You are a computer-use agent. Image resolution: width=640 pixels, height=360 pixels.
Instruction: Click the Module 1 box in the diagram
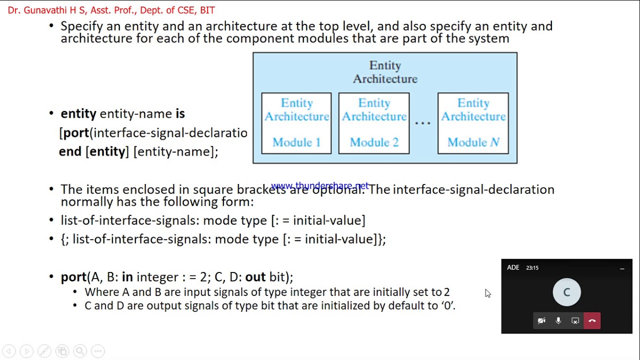pyautogui.click(x=296, y=123)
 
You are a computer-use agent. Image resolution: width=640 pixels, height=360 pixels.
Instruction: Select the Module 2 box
pyautogui.click(x=374, y=123)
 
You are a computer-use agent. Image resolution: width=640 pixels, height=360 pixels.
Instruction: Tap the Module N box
pyautogui.click(x=473, y=123)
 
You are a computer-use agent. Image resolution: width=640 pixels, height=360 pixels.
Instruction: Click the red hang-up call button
pyautogui.click(x=592, y=321)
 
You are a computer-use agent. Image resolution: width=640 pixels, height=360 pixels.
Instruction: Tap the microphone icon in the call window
pyautogui.click(x=558, y=321)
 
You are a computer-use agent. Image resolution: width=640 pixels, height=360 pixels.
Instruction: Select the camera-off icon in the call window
pyautogui.click(x=541, y=321)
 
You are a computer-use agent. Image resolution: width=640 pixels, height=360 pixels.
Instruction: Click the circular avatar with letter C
pyautogui.click(x=566, y=292)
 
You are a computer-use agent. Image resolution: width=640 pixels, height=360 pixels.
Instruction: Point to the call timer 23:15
pyautogui.click(x=532, y=268)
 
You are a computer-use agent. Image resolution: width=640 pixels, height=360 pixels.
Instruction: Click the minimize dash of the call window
pyautogui.click(x=622, y=268)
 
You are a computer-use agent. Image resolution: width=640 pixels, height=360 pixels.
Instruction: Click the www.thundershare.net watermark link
pyautogui.click(x=320, y=186)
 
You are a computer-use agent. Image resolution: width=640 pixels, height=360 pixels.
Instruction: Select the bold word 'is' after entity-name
pyautogui.click(x=180, y=113)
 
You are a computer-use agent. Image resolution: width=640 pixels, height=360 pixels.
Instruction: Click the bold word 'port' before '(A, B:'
pyautogui.click(x=73, y=277)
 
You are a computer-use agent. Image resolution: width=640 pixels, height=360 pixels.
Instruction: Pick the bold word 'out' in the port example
pyautogui.click(x=255, y=277)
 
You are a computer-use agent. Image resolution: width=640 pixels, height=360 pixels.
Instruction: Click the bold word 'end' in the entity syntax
pyautogui.click(x=70, y=151)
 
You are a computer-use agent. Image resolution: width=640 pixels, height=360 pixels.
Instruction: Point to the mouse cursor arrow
pyautogui.click(x=487, y=293)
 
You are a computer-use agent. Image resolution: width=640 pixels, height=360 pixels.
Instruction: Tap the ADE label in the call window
pyautogui.click(x=513, y=267)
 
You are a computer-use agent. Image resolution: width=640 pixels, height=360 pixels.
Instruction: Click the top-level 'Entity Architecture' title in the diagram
pyautogui.click(x=385, y=72)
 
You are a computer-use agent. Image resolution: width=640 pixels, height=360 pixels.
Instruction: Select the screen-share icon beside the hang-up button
pyautogui.click(x=575, y=321)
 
